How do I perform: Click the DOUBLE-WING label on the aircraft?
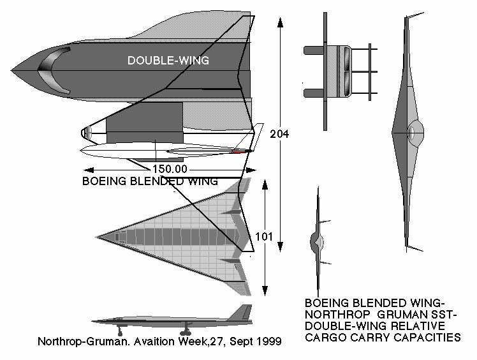click(168, 61)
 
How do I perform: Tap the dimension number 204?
click(279, 134)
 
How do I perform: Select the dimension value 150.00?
click(170, 169)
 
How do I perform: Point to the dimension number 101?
click(264, 237)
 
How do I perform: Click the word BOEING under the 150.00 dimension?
click(103, 181)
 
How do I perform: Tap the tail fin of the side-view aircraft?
click(242, 312)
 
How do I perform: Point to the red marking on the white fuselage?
click(237, 152)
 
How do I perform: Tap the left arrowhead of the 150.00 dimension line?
click(87, 170)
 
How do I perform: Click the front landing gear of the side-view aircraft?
click(121, 331)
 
